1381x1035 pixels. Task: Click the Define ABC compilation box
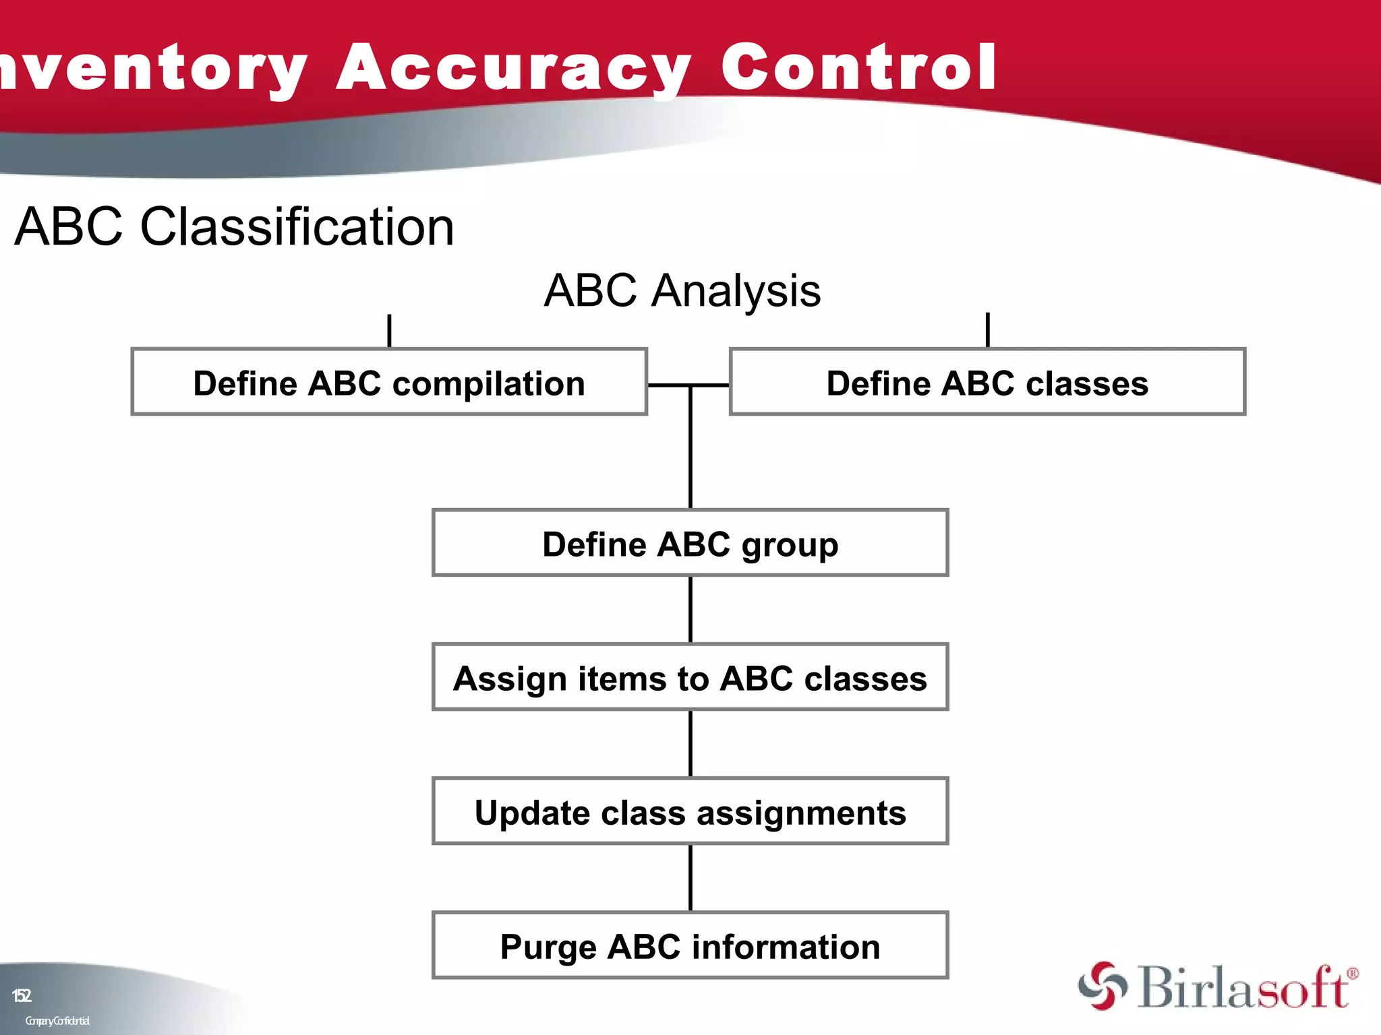pos(389,382)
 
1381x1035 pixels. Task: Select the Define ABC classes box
pos(987,382)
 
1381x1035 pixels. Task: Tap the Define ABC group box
pos(690,543)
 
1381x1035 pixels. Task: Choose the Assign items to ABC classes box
pos(690,677)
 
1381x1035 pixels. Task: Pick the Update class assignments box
pos(690,811)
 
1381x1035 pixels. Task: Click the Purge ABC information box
pos(690,945)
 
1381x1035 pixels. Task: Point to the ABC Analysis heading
pos(682,291)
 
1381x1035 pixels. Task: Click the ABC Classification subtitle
pos(234,227)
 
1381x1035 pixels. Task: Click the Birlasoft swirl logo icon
pos(1102,986)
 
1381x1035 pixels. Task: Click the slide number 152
pos(22,995)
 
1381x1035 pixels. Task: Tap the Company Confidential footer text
pos(57,1021)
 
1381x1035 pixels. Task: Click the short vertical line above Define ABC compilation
pos(389,331)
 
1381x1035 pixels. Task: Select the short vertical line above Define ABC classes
pos(987,330)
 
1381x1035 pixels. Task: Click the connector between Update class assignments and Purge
pos(690,878)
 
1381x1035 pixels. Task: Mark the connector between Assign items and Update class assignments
pos(690,744)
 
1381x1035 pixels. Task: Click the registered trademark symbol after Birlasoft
pos(1353,974)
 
